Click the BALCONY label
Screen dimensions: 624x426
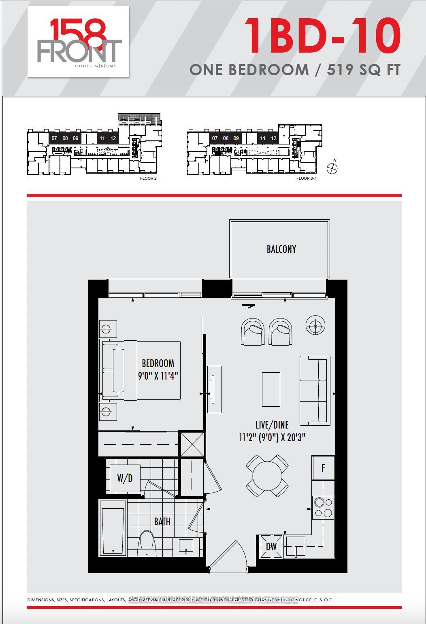coord(281,249)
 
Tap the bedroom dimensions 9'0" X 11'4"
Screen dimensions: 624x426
coord(158,376)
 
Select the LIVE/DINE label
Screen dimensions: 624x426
coord(272,425)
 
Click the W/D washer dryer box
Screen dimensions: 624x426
coord(125,478)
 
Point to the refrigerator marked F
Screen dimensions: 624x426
coord(323,468)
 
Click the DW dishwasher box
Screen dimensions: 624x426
coord(271,547)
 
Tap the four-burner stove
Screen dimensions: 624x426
coord(323,507)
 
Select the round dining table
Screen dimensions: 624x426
coord(268,476)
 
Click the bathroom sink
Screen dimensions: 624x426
coord(186,546)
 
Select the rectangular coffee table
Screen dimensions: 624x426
coord(271,389)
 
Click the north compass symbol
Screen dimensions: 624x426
coord(332,168)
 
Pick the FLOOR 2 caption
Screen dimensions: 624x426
coord(148,178)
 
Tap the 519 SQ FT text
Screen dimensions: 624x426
coord(364,70)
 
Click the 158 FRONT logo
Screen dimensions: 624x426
coord(79,42)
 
